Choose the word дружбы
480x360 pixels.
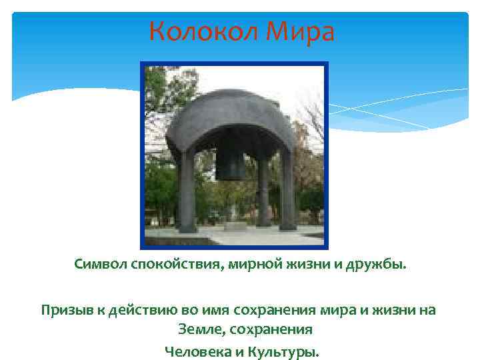click(373, 266)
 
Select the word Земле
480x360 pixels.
click(198, 329)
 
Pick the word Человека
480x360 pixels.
click(195, 350)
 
